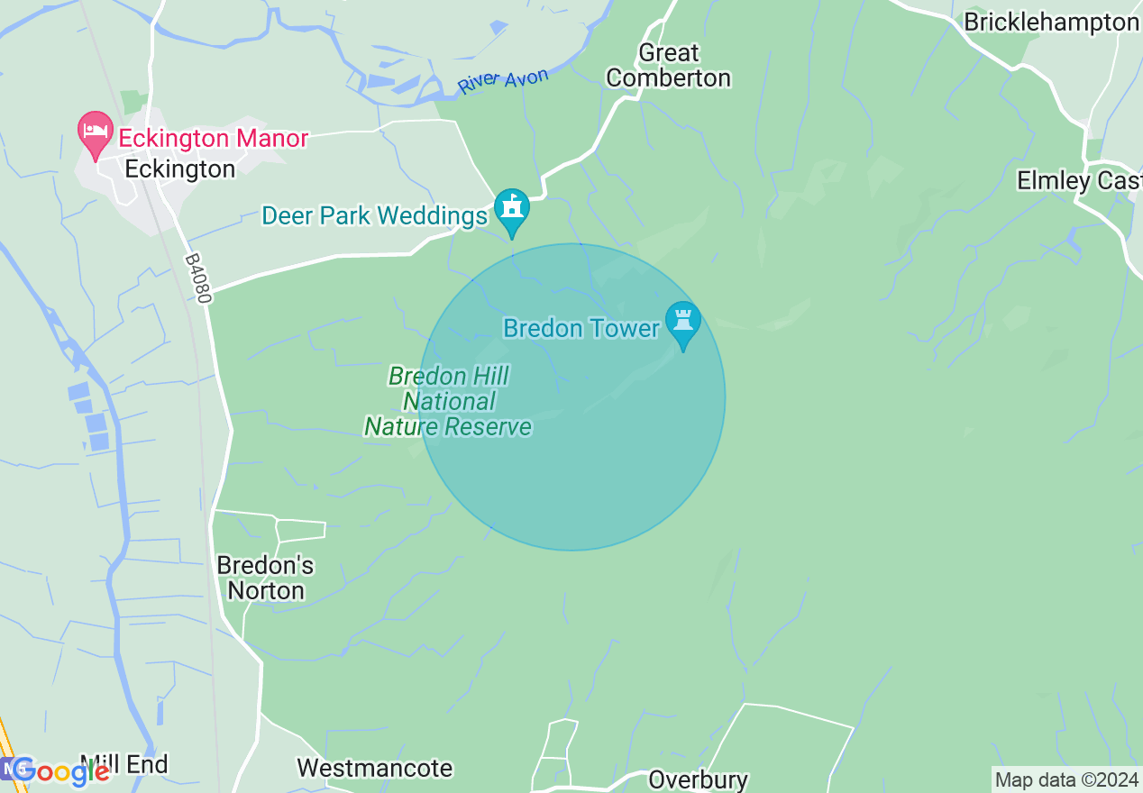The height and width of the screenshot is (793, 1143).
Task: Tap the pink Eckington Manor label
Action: click(x=214, y=139)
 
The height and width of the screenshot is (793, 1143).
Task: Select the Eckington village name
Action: click(x=180, y=169)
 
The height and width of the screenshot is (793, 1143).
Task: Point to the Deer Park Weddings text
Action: click(x=374, y=216)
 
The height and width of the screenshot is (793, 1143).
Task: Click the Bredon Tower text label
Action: click(x=581, y=328)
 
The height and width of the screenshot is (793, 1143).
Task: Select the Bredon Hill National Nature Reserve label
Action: click(x=448, y=401)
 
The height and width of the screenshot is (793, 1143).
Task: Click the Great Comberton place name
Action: click(x=668, y=66)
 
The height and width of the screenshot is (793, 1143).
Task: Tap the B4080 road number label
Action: click(x=197, y=278)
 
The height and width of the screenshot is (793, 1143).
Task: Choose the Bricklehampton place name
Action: click(x=1051, y=23)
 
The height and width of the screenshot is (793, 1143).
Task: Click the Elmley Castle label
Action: click(x=1078, y=181)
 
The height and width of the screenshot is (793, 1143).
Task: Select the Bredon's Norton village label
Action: click(x=265, y=578)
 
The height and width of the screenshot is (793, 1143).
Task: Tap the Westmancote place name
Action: click(x=374, y=769)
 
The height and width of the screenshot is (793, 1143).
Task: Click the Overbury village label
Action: click(x=698, y=779)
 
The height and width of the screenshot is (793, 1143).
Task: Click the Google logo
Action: click(x=61, y=771)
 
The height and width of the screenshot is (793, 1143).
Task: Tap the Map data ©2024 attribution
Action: click(x=1066, y=779)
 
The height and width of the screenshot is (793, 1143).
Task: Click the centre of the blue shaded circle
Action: click(x=571, y=396)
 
